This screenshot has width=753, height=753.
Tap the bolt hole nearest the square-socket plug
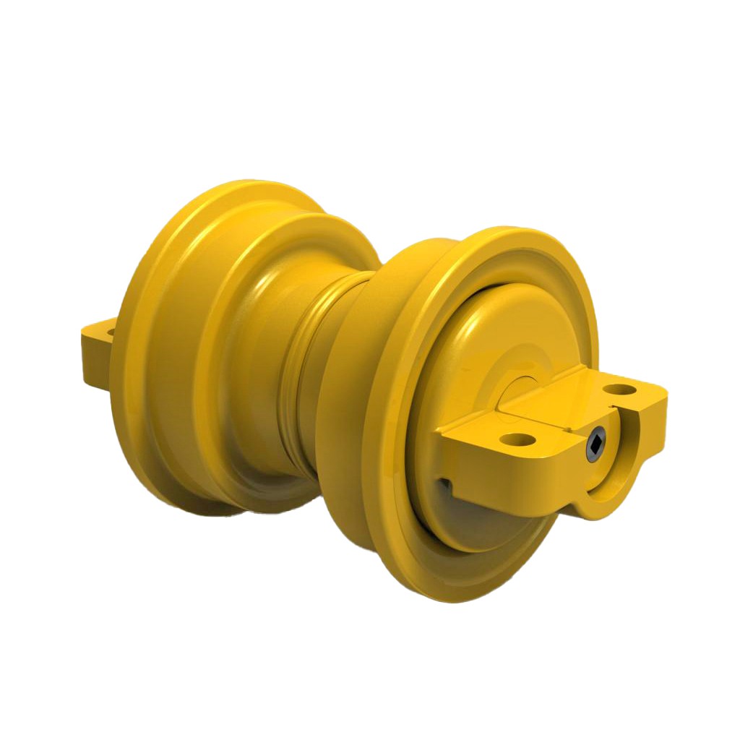[521, 439]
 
